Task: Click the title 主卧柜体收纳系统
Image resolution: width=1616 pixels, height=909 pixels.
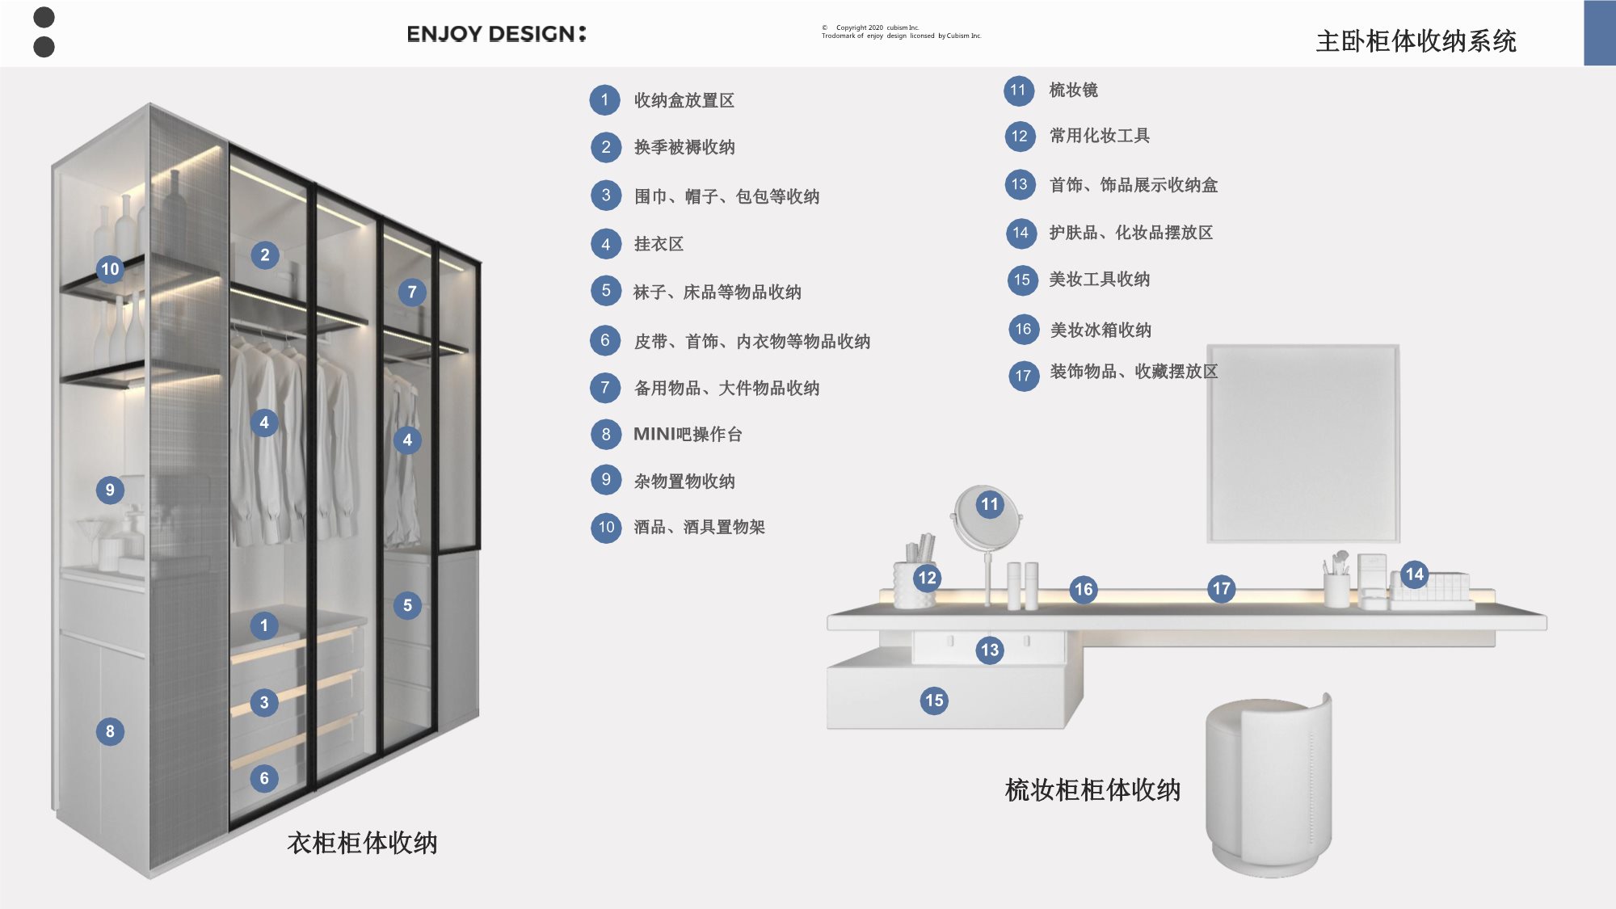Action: click(1416, 41)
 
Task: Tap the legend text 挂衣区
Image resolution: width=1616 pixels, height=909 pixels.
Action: click(659, 244)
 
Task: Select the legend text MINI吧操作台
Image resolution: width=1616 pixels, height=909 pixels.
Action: click(688, 435)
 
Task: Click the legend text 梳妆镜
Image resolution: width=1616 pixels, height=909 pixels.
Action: click(1073, 90)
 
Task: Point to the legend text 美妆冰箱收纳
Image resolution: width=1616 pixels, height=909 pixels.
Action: click(1100, 330)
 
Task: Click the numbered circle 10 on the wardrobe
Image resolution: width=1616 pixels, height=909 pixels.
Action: click(110, 269)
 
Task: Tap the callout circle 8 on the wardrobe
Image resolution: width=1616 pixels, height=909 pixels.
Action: click(110, 732)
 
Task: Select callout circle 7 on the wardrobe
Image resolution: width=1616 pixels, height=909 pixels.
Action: click(412, 292)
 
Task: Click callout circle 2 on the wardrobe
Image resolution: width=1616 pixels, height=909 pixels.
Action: click(264, 255)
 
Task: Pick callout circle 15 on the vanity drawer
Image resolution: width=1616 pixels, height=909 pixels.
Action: click(934, 701)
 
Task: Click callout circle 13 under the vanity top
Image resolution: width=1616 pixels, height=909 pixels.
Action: click(990, 650)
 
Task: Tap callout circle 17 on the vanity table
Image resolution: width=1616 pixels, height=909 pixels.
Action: click(1221, 589)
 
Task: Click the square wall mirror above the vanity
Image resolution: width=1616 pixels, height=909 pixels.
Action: click(1303, 443)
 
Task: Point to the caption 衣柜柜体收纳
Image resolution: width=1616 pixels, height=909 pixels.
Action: click(362, 843)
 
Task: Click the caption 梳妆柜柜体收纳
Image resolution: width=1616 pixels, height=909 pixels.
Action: click(1092, 789)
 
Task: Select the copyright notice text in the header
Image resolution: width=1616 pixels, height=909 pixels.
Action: click(901, 32)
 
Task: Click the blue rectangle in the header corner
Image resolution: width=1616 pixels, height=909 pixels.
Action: click(1599, 33)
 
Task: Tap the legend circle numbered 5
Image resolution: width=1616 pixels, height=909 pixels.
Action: click(606, 291)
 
